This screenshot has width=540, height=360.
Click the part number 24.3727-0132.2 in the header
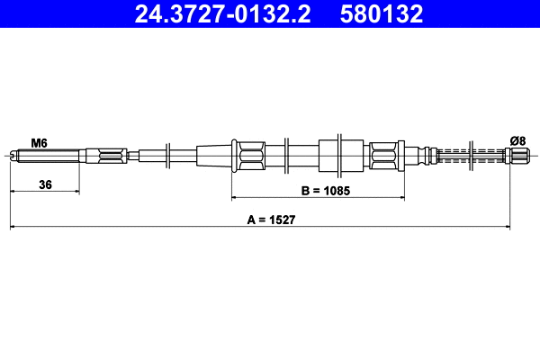tap(222, 13)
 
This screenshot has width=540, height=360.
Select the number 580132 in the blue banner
tap(382, 13)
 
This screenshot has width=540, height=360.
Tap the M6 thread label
tap(39, 142)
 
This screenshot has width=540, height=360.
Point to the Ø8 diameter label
tap(518, 141)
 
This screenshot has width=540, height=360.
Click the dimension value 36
tap(46, 184)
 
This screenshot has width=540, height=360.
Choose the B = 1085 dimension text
tap(326, 191)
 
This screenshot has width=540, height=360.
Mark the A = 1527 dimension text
tap(271, 220)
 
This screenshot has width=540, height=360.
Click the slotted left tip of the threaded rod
tap(13, 156)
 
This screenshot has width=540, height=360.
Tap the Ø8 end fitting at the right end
tap(517, 156)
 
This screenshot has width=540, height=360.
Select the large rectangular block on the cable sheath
tap(341, 156)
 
